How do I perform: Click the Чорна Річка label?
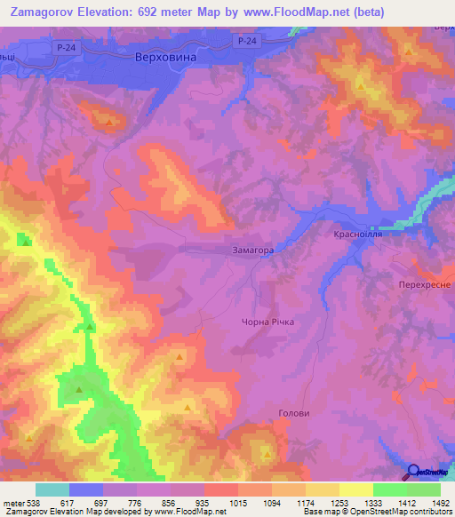267,322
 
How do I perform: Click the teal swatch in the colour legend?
52,489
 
